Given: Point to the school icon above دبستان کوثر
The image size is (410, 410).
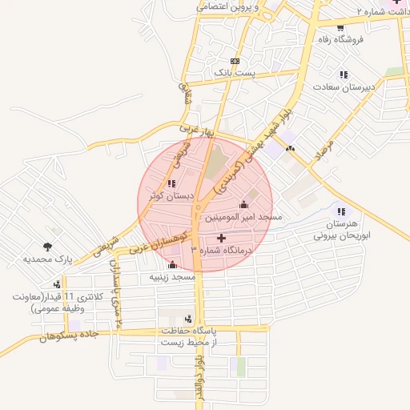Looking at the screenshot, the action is click(171, 184).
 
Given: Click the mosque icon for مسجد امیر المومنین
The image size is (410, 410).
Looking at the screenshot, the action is click(243, 205).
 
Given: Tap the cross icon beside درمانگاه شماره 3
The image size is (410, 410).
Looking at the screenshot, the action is click(222, 239).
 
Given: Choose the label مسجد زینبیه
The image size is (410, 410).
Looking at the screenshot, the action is click(173, 276).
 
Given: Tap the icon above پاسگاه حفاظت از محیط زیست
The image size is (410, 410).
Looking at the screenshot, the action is click(188, 319).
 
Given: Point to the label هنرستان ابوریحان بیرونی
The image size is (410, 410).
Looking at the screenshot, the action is click(342, 231).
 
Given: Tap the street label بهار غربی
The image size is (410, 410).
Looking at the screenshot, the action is click(198, 127).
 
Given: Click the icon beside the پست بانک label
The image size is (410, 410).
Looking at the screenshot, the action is click(234, 61).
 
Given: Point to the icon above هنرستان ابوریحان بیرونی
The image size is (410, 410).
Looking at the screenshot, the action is click(342, 211).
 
